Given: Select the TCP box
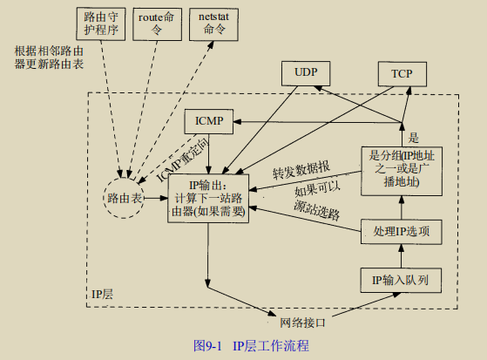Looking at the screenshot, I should tap(402, 74).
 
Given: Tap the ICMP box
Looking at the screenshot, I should tap(210, 122).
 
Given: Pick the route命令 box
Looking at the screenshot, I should tap(157, 23).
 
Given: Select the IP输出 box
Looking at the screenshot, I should tap(209, 198).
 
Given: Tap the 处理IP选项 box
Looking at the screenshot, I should tap(402, 231).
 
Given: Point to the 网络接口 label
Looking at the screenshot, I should tap(302, 323).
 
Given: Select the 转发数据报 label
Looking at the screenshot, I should tap(301, 171).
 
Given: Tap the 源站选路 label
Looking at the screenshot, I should tap(316, 211).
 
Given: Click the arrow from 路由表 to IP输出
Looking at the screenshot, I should tap(155, 199).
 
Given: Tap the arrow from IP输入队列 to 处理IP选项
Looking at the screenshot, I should tap(402, 255).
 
